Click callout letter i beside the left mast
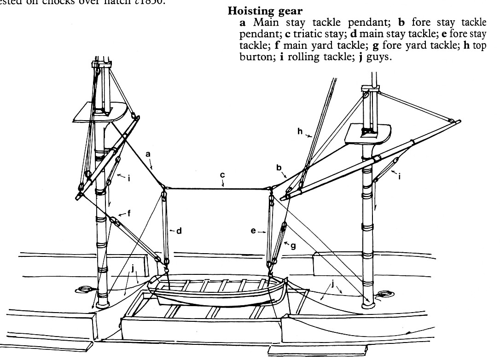(x=128, y=178)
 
